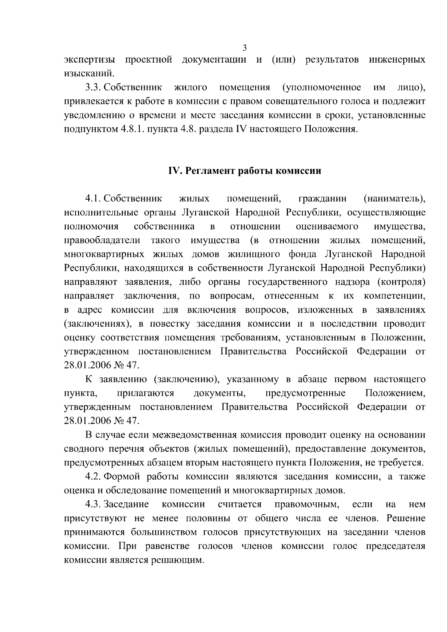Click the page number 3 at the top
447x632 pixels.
point(244,47)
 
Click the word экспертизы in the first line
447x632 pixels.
point(89,60)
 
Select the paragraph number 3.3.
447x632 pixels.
point(93,88)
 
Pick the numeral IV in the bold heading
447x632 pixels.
point(174,171)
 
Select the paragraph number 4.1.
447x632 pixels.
point(93,199)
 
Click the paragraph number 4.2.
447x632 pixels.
point(93,477)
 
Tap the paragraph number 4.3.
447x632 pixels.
point(93,505)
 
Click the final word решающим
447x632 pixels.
point(177,560)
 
